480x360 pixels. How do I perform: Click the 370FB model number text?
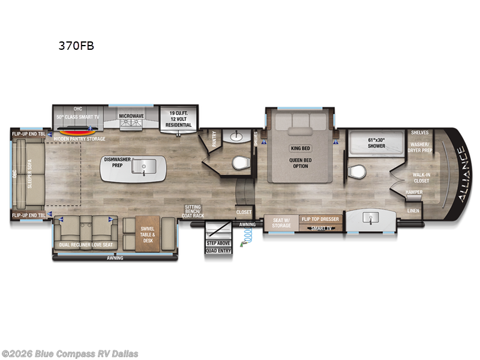coord(76,45)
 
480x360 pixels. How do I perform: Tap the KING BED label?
coord(300,148)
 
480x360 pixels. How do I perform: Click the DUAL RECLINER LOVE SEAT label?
coord(85,245)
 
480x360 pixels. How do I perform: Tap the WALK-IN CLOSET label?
coord(421,177)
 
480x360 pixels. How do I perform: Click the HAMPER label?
coord(414,192)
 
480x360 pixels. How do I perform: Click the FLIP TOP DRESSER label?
coord(322,220)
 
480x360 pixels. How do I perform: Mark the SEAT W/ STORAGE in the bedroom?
coord(281,223)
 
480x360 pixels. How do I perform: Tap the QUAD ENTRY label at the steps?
coord(218,251)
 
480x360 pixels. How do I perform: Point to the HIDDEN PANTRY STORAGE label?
coord(79,139)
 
